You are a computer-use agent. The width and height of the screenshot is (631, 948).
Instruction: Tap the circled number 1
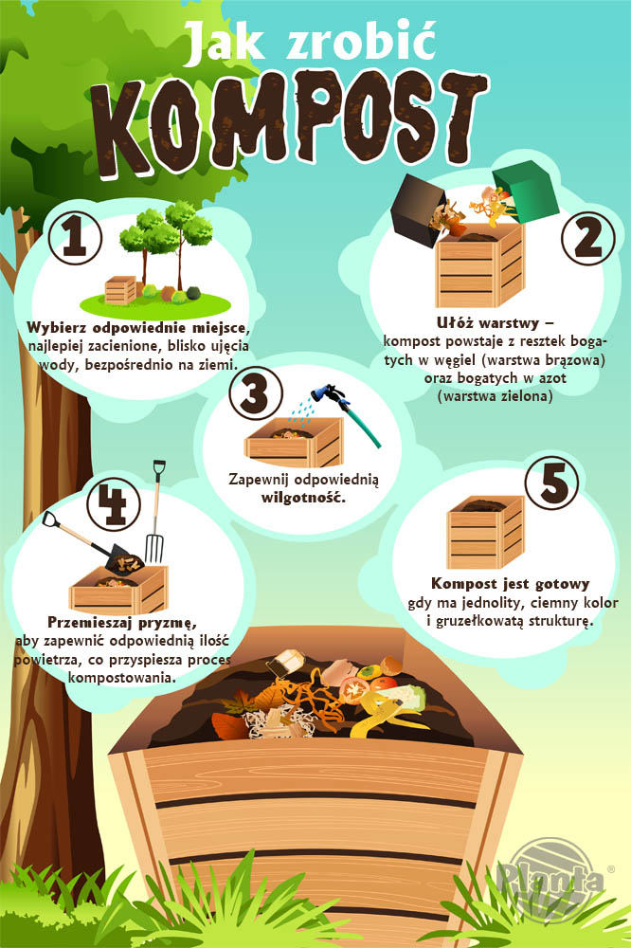(75, 236)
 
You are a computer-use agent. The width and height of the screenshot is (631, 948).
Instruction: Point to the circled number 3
(256, 393)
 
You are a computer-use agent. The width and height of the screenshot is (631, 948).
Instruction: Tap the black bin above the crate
(417, 210)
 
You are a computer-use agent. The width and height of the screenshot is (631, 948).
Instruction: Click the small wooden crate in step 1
(120, 290)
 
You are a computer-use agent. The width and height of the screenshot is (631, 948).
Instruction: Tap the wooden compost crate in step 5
(485, 532)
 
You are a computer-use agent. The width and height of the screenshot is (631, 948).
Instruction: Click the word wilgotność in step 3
(303, 499)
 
